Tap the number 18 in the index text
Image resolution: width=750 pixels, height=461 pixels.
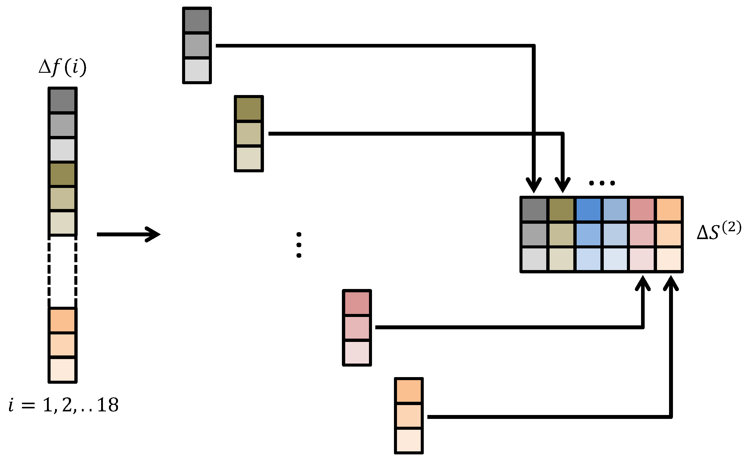(108, 405)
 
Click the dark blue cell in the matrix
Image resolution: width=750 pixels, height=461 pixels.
(588, 210)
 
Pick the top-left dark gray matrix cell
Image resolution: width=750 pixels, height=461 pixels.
(534, 210)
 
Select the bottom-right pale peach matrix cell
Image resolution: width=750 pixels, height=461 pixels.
(669, 259)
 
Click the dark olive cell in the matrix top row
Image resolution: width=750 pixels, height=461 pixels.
(561, 210)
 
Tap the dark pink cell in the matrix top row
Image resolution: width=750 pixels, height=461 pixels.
(642, 210)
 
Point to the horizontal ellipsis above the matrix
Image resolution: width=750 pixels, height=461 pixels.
(602, 183)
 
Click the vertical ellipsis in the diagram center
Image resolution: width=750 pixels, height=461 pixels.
(299, 245)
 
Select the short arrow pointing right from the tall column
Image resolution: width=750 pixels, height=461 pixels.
(128, 234)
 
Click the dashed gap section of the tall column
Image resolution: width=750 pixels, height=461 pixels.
(62, 271)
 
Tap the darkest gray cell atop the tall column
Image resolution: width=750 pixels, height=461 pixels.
(62, 100)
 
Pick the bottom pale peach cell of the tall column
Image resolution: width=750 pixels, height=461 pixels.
(62, 370)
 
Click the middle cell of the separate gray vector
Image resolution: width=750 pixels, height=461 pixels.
(197, 45)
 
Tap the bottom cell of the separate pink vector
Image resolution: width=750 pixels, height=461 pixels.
(357, 352)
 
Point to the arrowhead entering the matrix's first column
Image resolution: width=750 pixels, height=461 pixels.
(534, 185)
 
